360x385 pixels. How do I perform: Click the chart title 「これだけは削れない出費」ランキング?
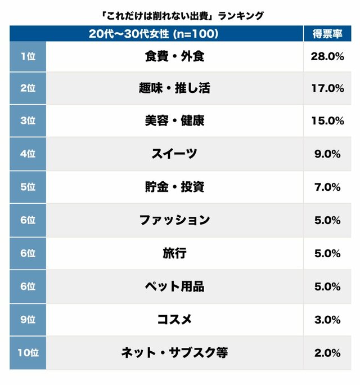tap(180, 15)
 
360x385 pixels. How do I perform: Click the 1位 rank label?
tap(28, 56)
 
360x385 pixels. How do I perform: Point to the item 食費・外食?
tap(174, 56)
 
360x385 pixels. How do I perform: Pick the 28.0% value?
tap(327, 56)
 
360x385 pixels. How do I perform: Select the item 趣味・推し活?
tap(174, 88)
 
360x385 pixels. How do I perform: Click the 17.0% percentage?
tap(327, 88)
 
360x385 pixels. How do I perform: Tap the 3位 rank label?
tap(28, 121)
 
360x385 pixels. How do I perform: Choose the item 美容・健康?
tap(174, 121)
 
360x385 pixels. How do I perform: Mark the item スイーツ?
tap(174, 154)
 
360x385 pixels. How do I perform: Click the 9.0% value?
tap(327, 154)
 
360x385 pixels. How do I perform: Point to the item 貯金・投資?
tap(174, 187)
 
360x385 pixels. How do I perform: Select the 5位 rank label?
tap(28, 187)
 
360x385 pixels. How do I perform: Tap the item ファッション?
tap(174, 220)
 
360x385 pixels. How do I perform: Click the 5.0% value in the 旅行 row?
tap(327, 253)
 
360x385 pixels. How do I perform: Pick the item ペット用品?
tap(174, 286)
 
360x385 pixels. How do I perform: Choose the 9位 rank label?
tap(28, 320)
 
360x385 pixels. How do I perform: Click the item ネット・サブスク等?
tap(174, 353)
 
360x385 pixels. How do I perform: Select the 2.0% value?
tap(327, 353)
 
